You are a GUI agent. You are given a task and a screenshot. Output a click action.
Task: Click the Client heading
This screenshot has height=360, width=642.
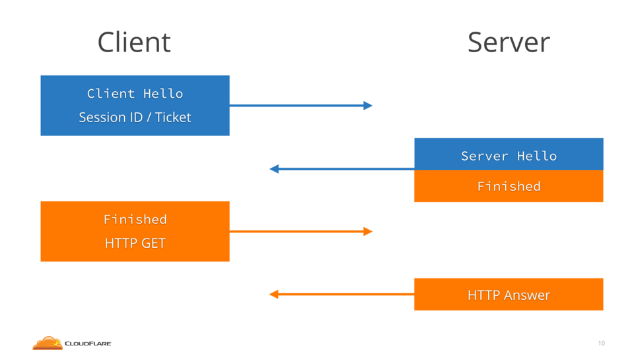point(134,42)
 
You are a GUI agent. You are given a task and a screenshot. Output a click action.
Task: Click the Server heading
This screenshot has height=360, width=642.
point(509,42)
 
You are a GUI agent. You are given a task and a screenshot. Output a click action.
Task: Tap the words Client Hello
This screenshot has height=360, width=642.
point(135,94)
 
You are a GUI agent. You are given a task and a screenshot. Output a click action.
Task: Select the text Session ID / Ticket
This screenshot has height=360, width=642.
point(135,118)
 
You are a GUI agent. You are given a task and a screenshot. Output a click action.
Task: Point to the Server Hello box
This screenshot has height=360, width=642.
point(509,154)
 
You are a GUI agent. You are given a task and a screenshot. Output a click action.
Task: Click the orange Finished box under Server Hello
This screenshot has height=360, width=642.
point(509,186)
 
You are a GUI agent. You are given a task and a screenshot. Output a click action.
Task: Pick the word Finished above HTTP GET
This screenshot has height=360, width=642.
point(135,219)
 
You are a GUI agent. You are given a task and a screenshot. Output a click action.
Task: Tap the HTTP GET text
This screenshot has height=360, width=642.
point(135,243)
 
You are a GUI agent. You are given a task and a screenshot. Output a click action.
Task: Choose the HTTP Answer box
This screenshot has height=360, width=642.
point(509,295)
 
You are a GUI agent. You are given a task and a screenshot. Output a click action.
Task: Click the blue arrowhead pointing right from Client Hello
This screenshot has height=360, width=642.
point(368,106)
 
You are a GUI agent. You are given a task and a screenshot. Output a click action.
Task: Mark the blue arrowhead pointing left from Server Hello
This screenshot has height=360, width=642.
point(274,168)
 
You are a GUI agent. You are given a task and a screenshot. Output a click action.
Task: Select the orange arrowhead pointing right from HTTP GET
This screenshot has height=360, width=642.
point(368,231)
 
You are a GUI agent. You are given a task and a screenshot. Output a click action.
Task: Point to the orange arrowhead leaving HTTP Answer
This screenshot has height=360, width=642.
point(274,295)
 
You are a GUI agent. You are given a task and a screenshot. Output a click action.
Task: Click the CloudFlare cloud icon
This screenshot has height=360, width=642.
point(47,343)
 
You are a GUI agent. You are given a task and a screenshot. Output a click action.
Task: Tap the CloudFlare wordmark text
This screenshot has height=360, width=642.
point(88,343)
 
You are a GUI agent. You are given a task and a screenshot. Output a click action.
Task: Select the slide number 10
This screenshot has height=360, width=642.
point(602,343)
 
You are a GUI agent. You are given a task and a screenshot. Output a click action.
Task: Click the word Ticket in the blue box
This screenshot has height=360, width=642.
point(173,118)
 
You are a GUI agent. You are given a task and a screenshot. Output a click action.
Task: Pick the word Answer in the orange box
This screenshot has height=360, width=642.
point(527,295)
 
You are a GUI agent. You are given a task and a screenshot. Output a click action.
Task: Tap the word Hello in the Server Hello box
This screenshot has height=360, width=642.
point(537,156)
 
